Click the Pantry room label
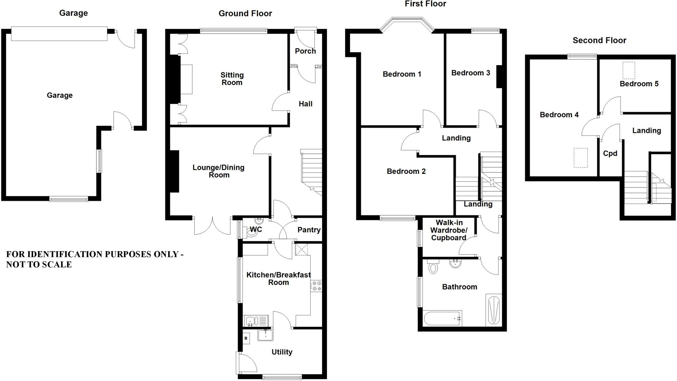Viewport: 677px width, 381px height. [309, 230]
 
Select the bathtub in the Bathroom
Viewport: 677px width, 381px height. [442, 318]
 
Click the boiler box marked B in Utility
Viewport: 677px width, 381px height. [246, 338]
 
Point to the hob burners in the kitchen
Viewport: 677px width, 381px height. [316, 286]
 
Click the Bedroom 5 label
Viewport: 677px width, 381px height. [639, 84]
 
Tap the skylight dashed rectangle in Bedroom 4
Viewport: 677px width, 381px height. [580, 158]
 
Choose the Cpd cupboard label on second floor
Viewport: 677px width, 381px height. [610, 153]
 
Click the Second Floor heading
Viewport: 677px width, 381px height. [599, 40]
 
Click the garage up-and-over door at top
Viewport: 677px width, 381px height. [59, 34]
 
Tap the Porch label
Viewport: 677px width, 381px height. [305, 51]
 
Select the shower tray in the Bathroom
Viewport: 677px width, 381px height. [494, 310]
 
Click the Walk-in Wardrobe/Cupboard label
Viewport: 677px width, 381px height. [449, 230]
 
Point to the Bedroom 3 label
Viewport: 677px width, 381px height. [470, 73]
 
